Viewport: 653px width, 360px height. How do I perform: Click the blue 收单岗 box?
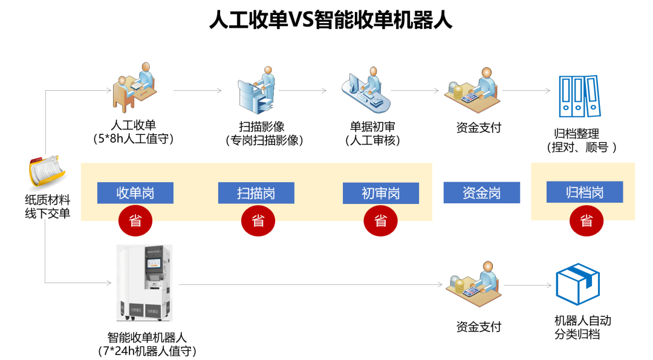(135, 193)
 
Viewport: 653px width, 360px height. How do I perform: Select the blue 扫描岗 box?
(256, 193)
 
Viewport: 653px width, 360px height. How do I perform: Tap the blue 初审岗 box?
(380, 193)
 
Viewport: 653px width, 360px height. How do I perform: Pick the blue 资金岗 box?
(481, 193)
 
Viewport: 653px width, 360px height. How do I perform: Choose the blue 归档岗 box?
(584, 193)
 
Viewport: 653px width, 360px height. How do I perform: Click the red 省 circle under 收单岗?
(135, 221)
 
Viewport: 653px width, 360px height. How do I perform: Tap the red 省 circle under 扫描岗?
(258, 221)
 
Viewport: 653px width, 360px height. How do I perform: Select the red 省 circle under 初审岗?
(381, 221)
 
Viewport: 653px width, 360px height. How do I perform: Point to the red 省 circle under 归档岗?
(586, 221)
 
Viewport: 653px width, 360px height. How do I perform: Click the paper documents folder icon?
(47, 172)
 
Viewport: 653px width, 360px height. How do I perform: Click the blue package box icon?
(577, 285)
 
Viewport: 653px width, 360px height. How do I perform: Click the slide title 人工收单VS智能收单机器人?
(331, 20)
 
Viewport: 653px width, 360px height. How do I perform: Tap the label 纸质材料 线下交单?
(47, 206)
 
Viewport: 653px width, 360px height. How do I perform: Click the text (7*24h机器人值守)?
(147, 351)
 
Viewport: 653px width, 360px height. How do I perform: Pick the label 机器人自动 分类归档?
(582, 327)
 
